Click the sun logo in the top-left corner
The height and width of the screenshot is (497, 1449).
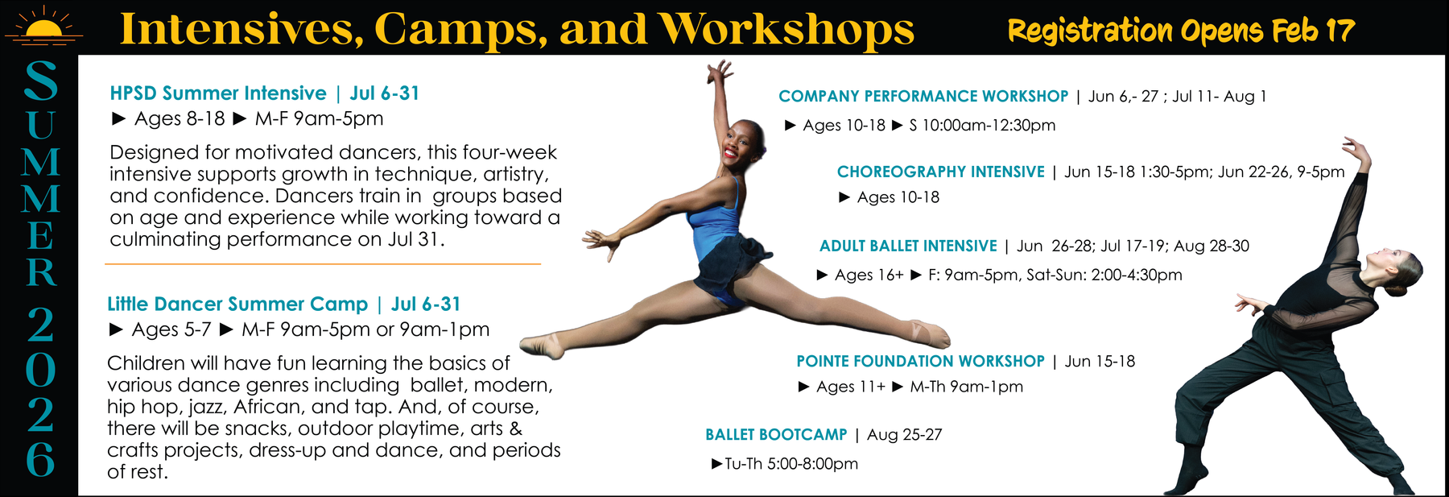[43, 25]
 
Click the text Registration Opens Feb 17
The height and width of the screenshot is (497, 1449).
[1181, 31]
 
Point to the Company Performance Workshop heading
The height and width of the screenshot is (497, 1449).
[923, 97]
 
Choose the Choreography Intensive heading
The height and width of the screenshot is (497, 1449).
[941, 172]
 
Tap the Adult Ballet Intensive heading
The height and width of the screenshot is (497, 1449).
[908, 246]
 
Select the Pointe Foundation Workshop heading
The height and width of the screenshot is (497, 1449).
[920, 362]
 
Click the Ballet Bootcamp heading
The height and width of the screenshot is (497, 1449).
[776, 435]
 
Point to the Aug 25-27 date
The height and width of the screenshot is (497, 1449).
[904, 435]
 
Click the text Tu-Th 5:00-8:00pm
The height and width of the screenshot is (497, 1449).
[791, 464]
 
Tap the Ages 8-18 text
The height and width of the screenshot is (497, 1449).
[180, 119]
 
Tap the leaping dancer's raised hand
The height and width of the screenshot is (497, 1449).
[719, 72]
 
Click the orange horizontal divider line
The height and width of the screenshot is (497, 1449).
[323, 264]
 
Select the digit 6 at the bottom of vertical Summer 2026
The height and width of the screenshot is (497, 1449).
[40, 459]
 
